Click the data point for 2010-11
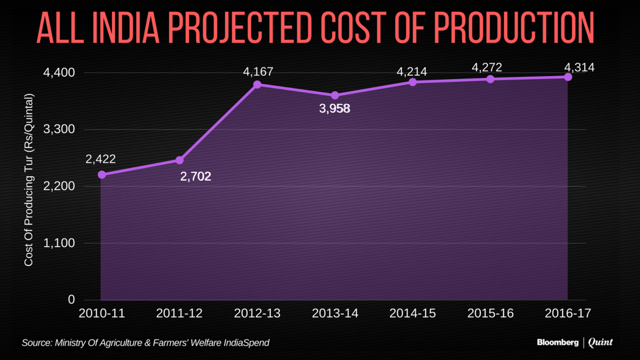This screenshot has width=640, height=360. (101, 174)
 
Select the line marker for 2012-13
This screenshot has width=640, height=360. (257, 84)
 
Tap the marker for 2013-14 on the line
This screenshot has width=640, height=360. (335, 95)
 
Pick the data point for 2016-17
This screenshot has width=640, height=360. (568, 77)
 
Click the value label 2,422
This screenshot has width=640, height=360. (100, 159)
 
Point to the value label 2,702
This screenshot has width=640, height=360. (195, 176)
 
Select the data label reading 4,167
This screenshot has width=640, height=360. (258, 71)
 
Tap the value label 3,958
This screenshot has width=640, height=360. (334, 108)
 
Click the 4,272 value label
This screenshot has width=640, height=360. (487, 66)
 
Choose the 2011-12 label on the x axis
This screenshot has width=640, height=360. (179, 313)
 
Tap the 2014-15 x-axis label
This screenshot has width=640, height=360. (412, 313)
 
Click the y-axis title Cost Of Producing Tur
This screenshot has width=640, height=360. (29, 179)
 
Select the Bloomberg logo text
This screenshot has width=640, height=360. (557, 342)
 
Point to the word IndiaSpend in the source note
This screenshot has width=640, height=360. (246, 342)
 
